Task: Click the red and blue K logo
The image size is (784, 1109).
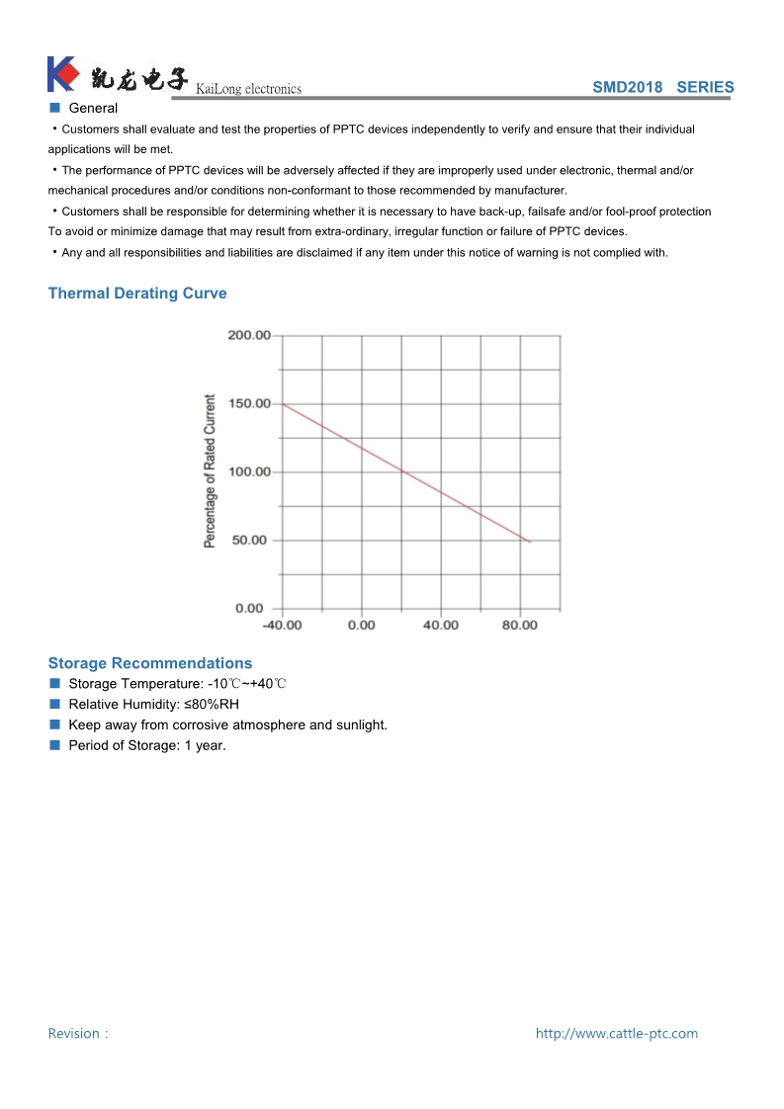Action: click(x=61, y=74)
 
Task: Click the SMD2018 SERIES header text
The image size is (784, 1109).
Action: click(x=662, y=87)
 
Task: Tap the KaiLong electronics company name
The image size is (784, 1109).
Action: click(x=249, y=89)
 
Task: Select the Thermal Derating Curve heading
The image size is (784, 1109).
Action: click(x=137, y=294)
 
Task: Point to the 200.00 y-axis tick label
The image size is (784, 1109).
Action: click(x=249, y=335)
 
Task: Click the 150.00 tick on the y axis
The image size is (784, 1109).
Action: click(x=249, y=403)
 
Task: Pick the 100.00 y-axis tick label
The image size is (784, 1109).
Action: click(x=249, y=471)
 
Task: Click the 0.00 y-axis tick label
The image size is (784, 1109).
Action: click(x=249, y=608)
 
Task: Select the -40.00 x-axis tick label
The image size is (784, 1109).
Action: click(x=282, y=625)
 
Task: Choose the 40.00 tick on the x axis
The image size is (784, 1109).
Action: click(x=441, y=625)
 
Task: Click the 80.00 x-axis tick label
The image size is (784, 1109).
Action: click(x=520, y=625)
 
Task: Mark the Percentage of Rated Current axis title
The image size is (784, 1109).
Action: click(x=210, y=471)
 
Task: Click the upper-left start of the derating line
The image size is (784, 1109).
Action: click(x=284, y=404)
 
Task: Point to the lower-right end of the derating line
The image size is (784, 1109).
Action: click(x=530, y=542)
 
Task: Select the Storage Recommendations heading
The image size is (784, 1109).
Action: click(x=150, y=663)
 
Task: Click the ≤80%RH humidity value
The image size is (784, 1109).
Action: click(x=210, y=705)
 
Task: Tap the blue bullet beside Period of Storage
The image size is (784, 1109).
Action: click(x=54, y=745)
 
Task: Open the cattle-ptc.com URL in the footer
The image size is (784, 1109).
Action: click(x=616, y=1034)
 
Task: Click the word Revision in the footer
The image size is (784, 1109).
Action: click(x=74, y=1034)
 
